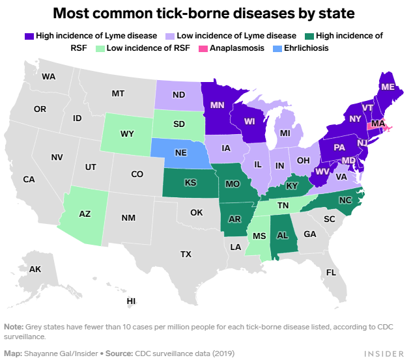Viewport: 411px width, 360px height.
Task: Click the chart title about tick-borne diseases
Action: click(205, 12)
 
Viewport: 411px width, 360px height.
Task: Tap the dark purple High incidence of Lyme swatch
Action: click(29, 35)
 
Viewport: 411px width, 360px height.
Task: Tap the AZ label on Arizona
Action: click(85, 213)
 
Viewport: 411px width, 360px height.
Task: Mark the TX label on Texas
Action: click(186, 254)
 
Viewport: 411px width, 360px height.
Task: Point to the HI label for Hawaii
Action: click(131, 301)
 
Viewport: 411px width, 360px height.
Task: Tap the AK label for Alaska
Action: click(35, 269)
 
